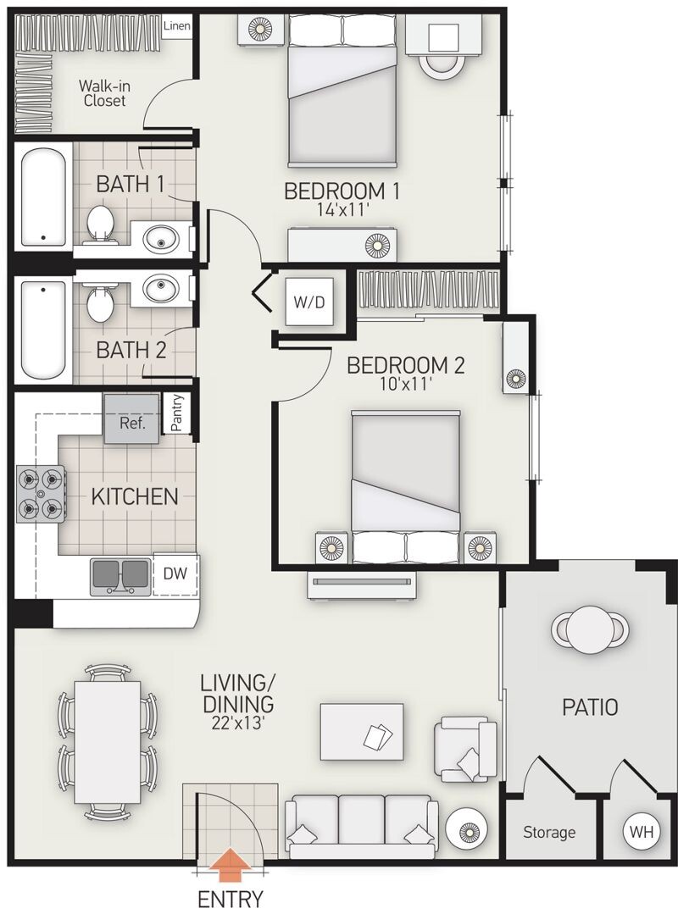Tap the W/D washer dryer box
point(309,302)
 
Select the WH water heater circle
point(641,831)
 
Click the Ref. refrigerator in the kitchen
point(131,419)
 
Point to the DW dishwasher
point(175,574)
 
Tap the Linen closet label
point(176,26)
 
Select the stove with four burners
point(41,493)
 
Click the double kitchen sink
point(119,575)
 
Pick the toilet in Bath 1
point(100,224)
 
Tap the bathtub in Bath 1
point(43,197)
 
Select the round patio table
point(590,629)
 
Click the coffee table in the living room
point(362,732)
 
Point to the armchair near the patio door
point(464,749)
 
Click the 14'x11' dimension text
point(344,210)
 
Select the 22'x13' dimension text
point(238,723)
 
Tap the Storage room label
point(549,833)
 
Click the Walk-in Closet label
point(104,93)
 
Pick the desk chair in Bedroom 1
point(442,64)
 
